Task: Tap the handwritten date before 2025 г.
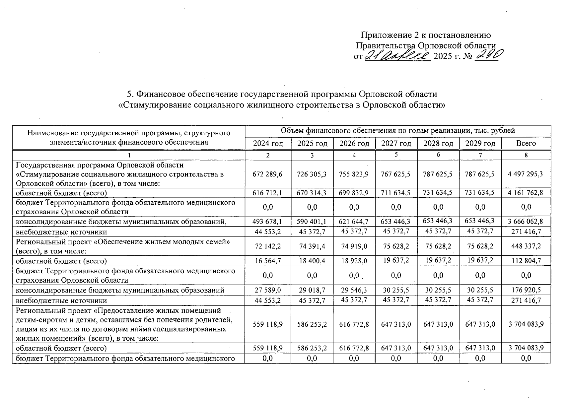(397, 56)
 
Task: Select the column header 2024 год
(268, 144)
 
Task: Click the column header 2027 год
(396, 144)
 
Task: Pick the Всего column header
(526, 144)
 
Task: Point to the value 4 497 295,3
(526, 174)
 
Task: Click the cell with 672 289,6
(268, 174)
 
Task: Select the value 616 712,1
(268, 193)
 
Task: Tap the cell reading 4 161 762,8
(526, 193)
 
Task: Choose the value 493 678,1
(268, 221)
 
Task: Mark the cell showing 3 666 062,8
(526, 221)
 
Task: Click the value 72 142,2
(268, 246)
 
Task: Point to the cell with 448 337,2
(526, 246)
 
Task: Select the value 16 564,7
(268, 261)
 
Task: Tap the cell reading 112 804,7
(526, 261)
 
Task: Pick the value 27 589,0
(268, 290)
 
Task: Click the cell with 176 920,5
(526, 290)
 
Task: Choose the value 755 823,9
(354, 174)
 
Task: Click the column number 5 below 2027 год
(396, 155)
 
